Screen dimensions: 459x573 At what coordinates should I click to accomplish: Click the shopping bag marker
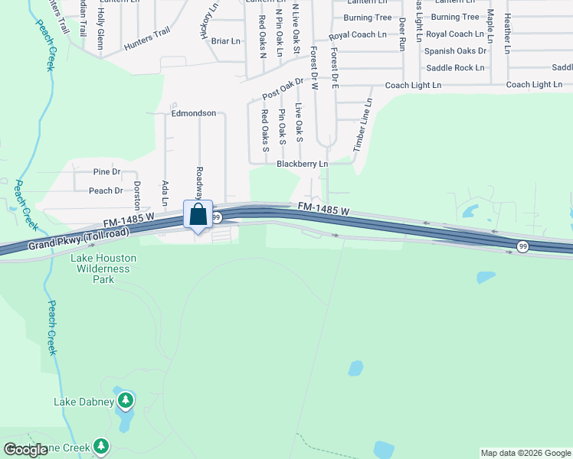[198, 216]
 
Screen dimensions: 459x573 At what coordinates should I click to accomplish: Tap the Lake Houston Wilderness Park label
[100, 269]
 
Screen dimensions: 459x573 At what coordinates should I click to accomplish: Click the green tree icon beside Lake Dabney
[126, 399]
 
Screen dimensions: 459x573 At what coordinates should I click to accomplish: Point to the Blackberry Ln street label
[302, 164]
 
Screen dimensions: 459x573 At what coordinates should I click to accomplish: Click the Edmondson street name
[193, 113]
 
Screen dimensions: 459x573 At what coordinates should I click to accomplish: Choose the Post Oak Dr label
[283, 91]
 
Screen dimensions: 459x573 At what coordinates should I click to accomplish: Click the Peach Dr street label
[106, 190]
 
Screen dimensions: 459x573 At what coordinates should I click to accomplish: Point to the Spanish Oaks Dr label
[456, 50]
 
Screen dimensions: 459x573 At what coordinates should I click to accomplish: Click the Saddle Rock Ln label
[455, 67]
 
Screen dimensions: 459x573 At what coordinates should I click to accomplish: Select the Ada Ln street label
[165, 193]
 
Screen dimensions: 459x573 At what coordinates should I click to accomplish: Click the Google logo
[25, 450]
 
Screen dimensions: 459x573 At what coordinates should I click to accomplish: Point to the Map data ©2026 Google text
[526, 453]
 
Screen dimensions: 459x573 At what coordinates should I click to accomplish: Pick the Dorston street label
[138, 195]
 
